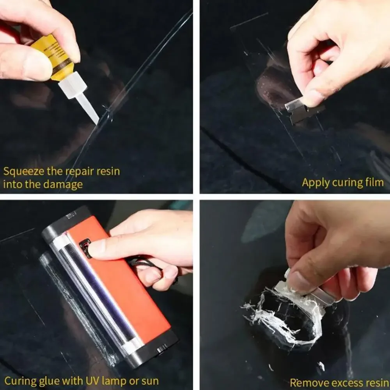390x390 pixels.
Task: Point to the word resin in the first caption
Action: tap(106, 172)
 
